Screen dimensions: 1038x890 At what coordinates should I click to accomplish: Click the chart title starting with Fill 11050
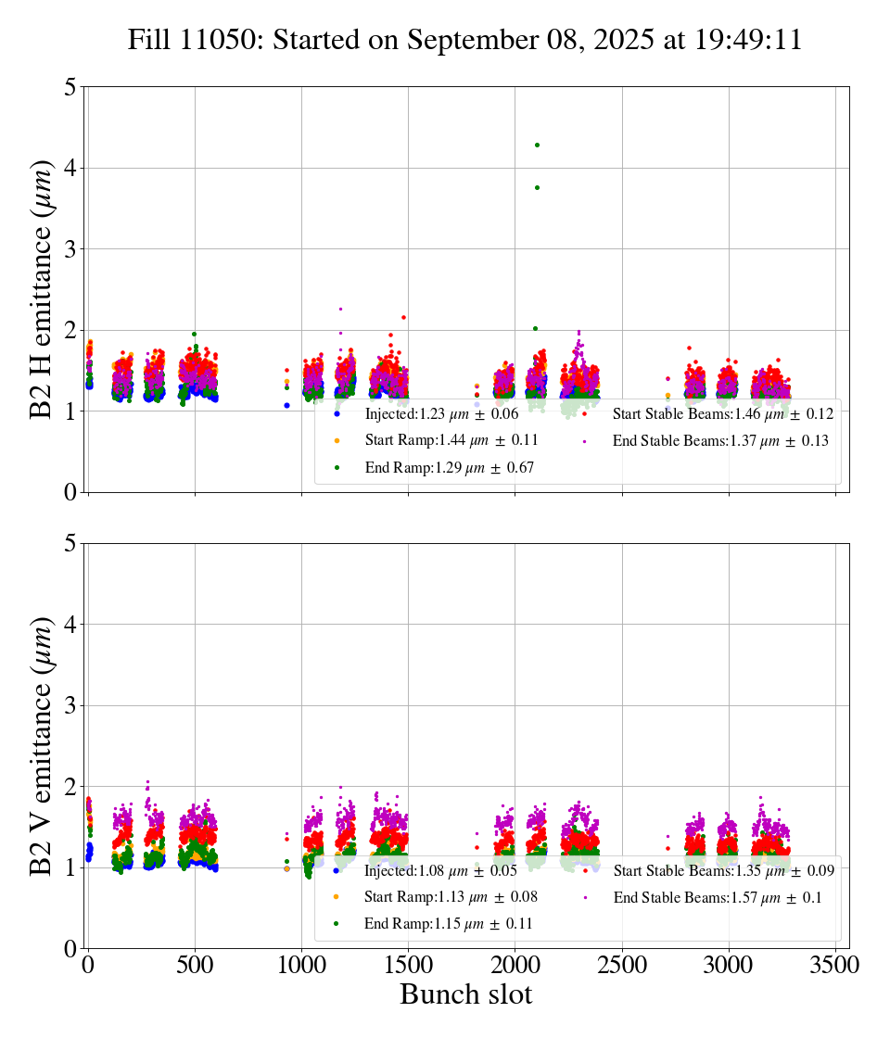[464, 41]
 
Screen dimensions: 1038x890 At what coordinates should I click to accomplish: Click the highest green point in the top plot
[537, 145]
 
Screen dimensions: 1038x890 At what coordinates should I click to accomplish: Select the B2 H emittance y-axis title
[43, 289]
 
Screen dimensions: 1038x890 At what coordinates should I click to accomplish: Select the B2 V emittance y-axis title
[43, 745]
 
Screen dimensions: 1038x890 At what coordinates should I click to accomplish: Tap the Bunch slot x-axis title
[466, 994]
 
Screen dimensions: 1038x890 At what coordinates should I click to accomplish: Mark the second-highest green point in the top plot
[537, 187]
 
